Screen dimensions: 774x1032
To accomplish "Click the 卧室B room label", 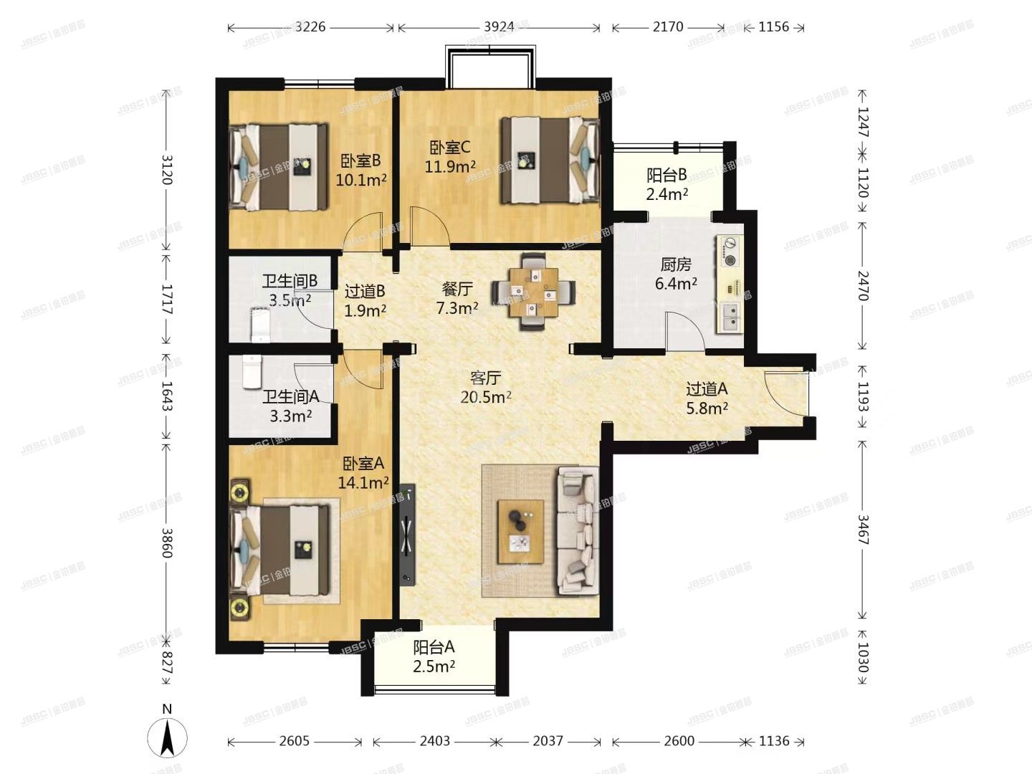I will [x=360, y=161].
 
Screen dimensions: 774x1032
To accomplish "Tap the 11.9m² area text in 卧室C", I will [x=450, y=167].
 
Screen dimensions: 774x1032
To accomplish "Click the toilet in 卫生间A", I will [x=252, y=372].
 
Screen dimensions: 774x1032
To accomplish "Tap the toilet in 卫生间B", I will [x=259, y=325].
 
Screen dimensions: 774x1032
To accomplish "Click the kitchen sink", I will [x=731, y=317].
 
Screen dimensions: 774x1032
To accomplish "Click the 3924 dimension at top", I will [x=499, y=27].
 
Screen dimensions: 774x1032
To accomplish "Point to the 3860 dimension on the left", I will [x=167, y=543].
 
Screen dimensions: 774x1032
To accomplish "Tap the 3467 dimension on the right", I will [x=863, y=529].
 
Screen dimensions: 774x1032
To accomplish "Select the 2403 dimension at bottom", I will [x=434, y=741].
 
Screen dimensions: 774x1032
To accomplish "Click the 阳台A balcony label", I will [x=434, y=647].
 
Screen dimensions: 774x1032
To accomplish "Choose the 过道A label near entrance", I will [x=707, y=389].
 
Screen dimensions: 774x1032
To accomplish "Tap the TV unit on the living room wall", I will [x=407, y=534].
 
